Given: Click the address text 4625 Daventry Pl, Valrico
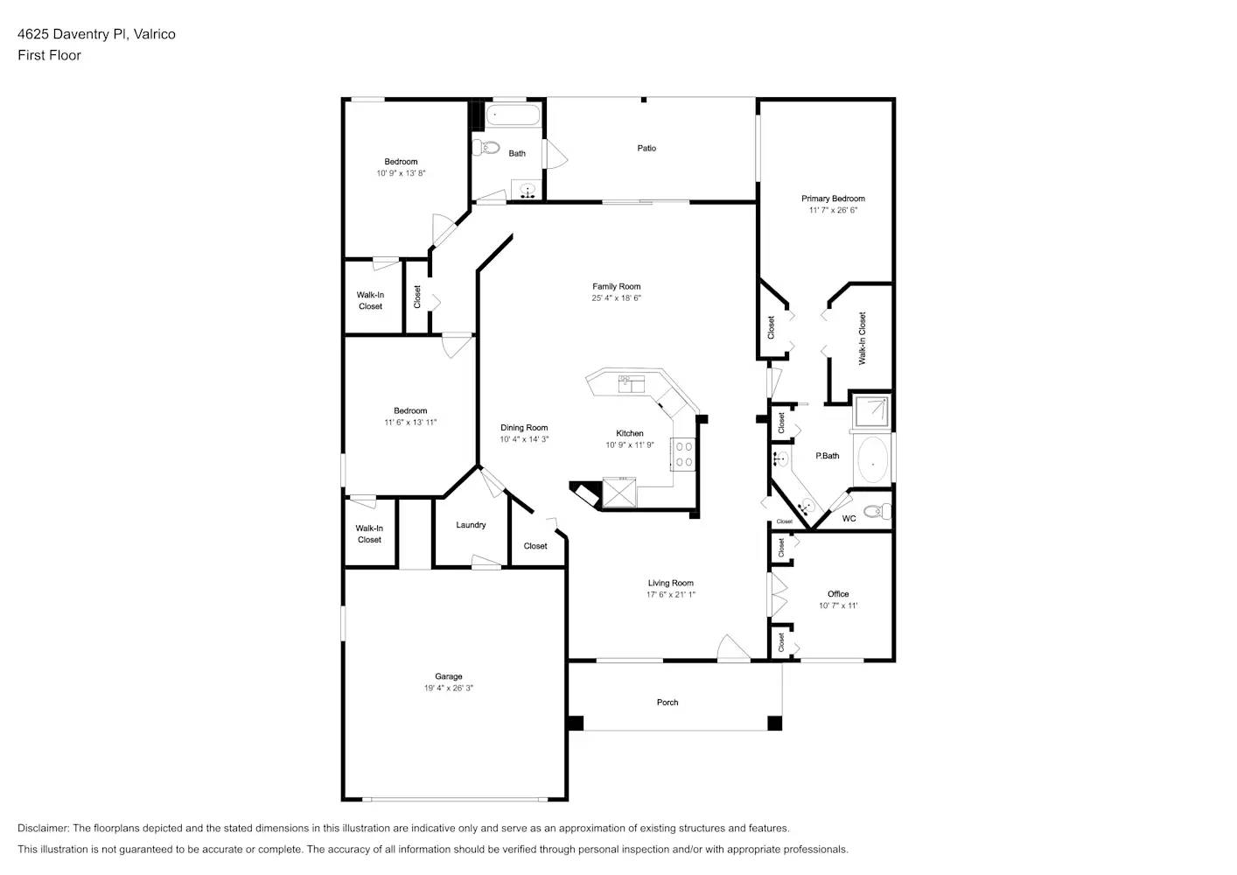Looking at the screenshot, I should (96, 34).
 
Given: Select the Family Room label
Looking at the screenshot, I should (616, 286).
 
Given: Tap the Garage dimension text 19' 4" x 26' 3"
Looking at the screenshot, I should (448, 689).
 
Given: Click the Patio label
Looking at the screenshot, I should (646, 148).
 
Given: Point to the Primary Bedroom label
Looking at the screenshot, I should (833, 199).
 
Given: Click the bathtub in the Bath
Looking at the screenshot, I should (514, 115).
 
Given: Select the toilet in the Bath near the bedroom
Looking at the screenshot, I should (486, 148).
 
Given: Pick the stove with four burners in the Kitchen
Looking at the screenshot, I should (683, 454).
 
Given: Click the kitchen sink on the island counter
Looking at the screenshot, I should (631, 383).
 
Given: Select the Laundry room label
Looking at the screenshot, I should (471, 525).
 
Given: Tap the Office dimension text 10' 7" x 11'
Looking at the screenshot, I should (838, 605).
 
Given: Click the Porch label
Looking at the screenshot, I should (667, 703).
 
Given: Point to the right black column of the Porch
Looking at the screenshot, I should (774, 723).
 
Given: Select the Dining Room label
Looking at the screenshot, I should (524, 428).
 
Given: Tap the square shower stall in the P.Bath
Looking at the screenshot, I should (872, 410).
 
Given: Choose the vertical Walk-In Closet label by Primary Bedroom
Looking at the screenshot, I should (862, 338).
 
